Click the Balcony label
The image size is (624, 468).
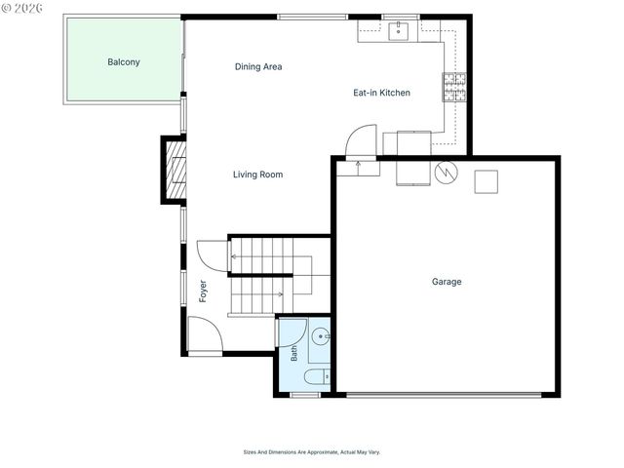124,62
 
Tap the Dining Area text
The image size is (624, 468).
258,66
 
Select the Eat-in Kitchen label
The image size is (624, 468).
381,93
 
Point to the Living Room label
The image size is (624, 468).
257,175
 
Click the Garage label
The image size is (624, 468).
447,282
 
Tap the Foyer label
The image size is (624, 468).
203,292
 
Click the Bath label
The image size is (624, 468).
294,353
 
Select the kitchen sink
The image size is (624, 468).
399,31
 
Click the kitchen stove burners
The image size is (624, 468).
454,87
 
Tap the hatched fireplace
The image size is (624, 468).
175,171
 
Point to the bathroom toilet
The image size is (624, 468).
317,376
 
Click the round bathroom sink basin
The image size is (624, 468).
321,336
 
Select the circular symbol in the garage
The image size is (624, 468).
447,173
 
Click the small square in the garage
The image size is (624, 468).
487,182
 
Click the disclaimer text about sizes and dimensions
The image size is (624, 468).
312,452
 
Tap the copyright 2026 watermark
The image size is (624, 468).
21,8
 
